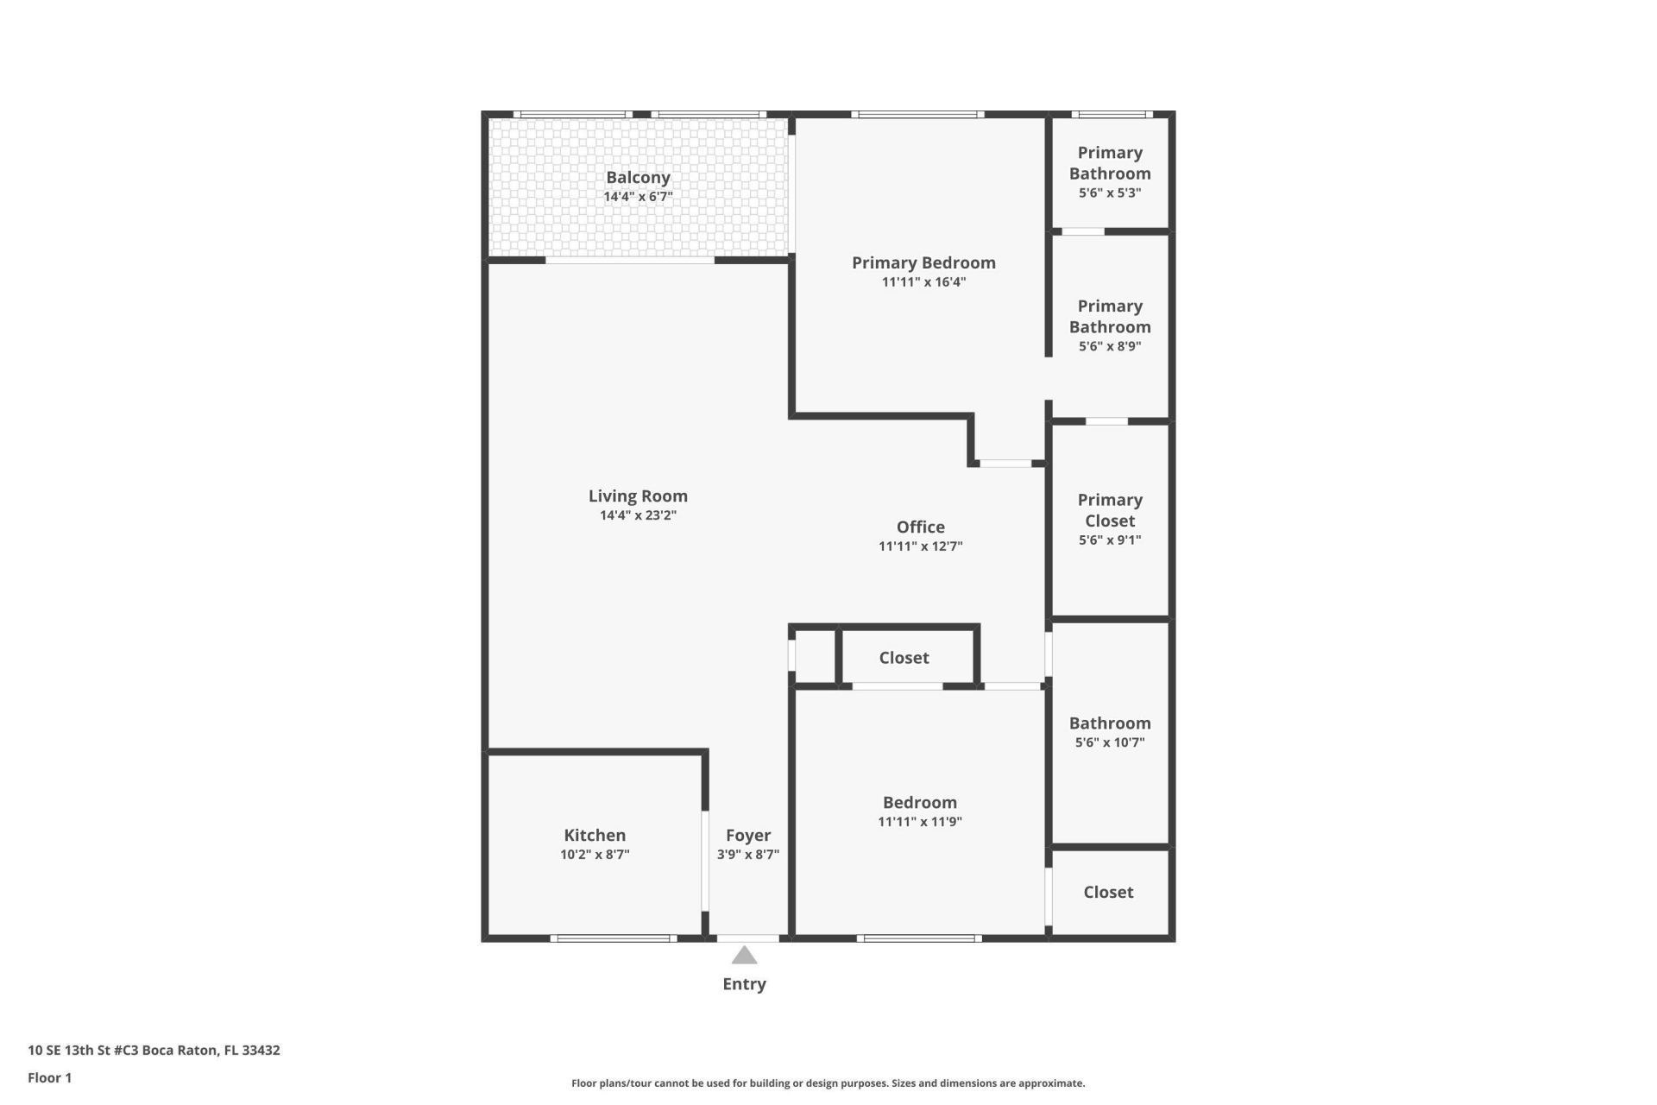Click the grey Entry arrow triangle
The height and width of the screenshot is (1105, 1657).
(744, 956)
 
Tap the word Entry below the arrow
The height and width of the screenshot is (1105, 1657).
(744, 984)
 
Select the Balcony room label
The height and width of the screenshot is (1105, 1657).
(638, 177)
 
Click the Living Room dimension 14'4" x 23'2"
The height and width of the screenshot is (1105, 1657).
(638, 515)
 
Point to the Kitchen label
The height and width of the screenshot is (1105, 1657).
(595, 835)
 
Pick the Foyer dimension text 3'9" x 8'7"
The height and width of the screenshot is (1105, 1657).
(747, 855)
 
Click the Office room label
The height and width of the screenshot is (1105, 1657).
(920, 527)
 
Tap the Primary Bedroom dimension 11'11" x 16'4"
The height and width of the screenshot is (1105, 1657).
(923, 282)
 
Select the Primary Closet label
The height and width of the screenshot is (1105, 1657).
(1110, 510)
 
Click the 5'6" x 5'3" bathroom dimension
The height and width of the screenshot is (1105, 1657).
(1110, 193)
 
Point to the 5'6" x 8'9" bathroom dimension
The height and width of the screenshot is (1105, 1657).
(1110, 346)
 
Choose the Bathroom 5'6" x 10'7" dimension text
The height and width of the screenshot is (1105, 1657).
(1110, 742)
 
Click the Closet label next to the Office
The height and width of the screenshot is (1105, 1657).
(904, 658)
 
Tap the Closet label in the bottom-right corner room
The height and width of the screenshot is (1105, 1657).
(1108, 892)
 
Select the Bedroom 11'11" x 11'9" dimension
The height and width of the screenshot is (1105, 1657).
(920, 822)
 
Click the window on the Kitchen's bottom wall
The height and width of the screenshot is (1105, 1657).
(614, 938)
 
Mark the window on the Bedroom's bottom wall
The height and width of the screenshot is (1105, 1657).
(919, 938)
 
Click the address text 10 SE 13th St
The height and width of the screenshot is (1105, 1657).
(154, 1051)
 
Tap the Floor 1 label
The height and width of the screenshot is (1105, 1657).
(49, 1077)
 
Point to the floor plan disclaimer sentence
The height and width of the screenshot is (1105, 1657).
(828, 1083)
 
